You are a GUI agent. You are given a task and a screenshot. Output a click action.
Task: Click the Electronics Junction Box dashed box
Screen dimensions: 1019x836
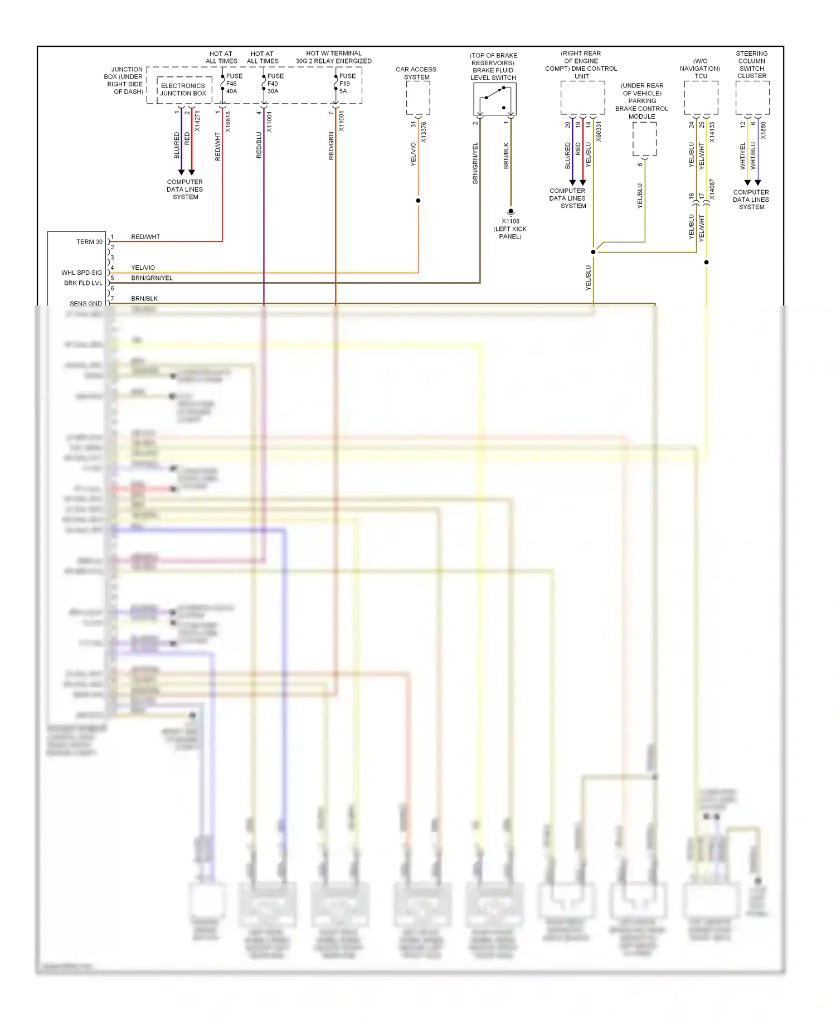184,89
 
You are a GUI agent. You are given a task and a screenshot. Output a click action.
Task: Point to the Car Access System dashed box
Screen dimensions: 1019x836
417,98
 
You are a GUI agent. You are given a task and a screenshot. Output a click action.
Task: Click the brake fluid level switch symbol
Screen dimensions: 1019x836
494,99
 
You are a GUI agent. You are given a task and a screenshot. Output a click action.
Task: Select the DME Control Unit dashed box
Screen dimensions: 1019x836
582,98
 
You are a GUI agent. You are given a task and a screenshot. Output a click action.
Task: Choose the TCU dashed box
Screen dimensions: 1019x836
701,98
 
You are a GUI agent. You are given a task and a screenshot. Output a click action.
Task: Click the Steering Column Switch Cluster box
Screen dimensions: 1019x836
752,98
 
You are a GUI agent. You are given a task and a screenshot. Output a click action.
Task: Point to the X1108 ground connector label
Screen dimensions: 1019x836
510,221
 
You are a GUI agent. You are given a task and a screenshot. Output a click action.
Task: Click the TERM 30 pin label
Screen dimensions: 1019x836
89,242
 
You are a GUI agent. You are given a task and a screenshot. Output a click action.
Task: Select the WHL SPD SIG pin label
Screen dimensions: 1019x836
82,273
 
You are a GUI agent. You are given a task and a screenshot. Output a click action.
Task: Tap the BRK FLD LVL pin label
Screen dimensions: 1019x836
83,283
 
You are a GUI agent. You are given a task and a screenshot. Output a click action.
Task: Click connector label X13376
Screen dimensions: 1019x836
424,132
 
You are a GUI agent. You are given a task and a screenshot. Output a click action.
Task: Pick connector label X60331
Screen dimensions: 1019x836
599,132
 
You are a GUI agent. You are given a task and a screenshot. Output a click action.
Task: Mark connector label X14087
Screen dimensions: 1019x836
712,190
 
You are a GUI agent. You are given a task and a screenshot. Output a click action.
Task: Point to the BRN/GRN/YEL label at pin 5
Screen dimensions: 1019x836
152,278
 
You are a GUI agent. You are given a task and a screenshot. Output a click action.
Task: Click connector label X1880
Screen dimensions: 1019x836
764,130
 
